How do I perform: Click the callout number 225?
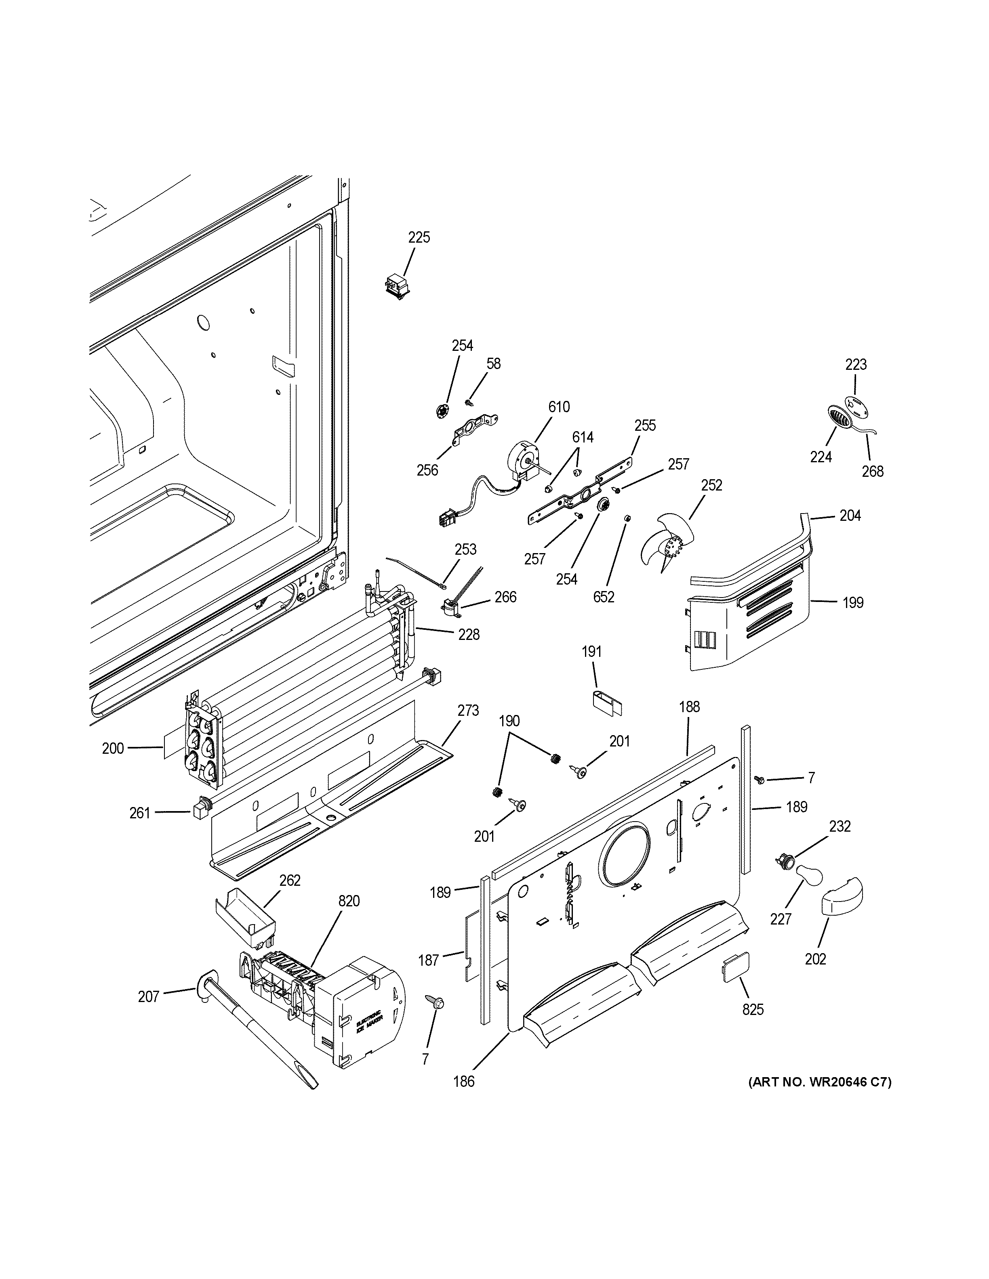[x=419, y=237]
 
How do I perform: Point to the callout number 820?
[x=349, y=901]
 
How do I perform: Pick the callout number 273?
[x=468, y=711]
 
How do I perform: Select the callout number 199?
[x=853, y=603]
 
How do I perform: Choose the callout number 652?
[x=604, y=597]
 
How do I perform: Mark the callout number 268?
[x=872, y=472]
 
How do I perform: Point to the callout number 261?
[x=140, y=813]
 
